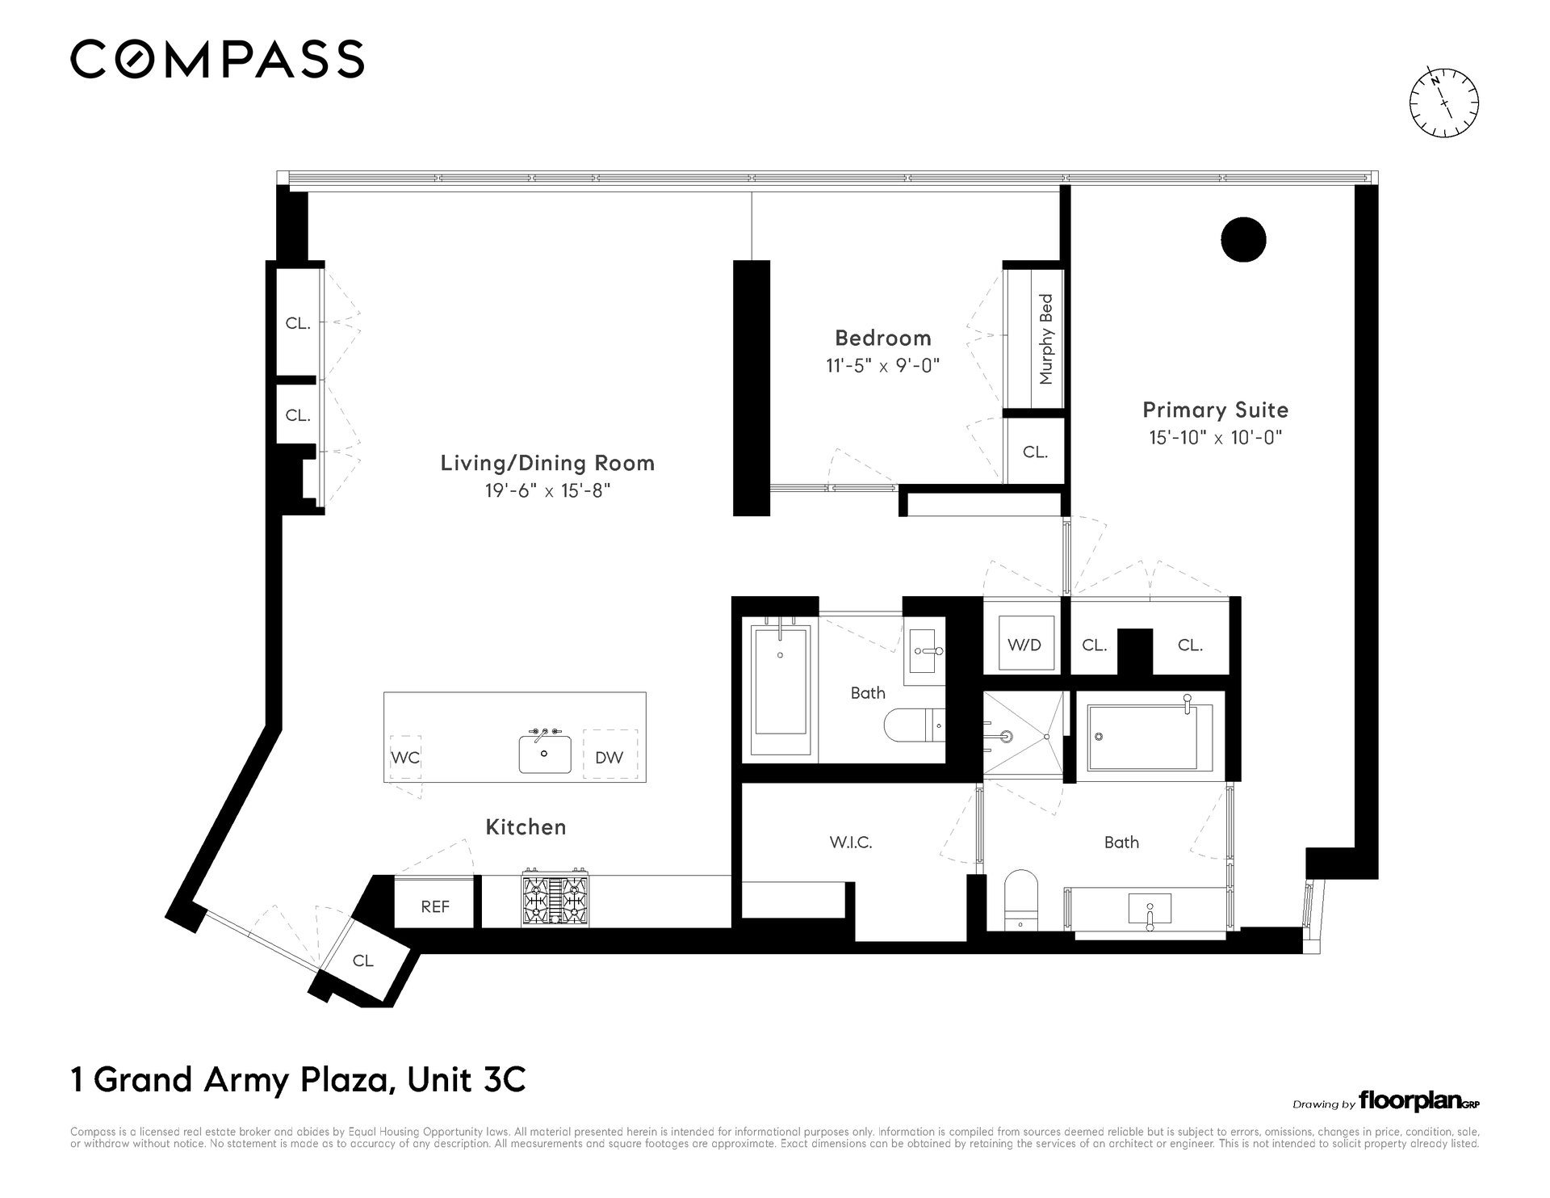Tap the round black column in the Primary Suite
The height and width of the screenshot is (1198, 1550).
pos(1243,240)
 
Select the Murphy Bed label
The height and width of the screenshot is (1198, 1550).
pos(1046,339)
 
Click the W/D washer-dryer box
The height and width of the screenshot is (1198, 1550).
pos(1025,643)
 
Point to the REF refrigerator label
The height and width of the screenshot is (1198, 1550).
pos(435,907)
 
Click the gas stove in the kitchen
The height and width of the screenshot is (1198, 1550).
pos(555,899)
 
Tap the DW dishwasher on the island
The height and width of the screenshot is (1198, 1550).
pos(610,756)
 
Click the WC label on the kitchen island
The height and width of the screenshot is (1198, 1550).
pos(405,758)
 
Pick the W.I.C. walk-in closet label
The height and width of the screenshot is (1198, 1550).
pos(851,843)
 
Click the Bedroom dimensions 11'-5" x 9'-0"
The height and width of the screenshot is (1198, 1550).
pos(882,366)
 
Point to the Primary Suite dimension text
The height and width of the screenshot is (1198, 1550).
pos(1216,438)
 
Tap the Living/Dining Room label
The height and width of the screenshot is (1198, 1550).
pos(547,464)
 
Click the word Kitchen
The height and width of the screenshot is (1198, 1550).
pos(526,827)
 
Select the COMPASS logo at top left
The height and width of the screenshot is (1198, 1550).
pos(217,59)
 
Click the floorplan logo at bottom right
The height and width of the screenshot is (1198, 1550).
pos(1418,1101)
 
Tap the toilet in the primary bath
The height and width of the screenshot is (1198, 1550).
pos(1020,899)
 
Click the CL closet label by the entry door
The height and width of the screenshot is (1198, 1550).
pos(363,961)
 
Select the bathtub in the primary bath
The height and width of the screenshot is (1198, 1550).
pos(1150,736)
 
